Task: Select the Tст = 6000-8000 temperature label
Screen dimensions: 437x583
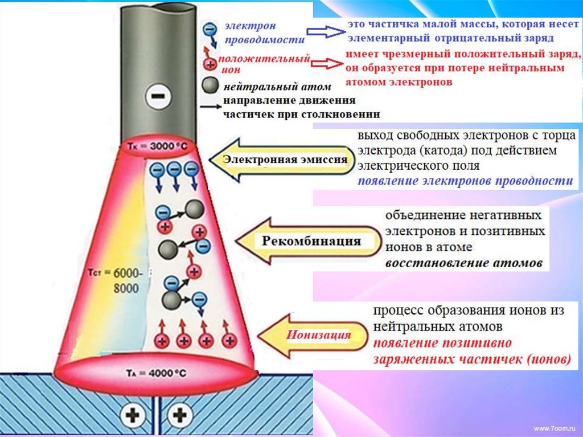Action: pyautogui.click(x=117, y=280)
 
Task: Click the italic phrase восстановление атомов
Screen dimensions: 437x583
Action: pyautogui.click(x=463, y=264)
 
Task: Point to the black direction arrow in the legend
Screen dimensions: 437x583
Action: pyautogui.click(x=210, y=107)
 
